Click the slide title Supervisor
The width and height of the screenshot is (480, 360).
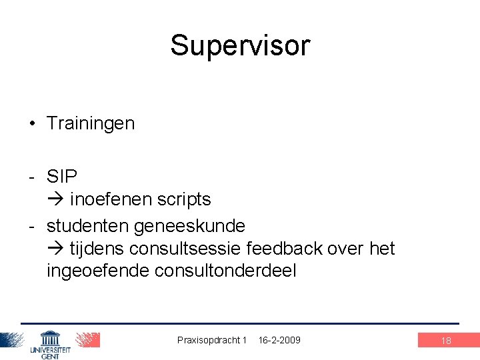[240, 45]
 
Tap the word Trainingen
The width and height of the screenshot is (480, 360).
[91, 123]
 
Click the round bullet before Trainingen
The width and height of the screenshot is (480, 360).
[31, 123]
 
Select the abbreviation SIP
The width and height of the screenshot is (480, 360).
[62, 177]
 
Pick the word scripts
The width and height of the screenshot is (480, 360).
[184, 199]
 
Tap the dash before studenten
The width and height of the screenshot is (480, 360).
[31, 226]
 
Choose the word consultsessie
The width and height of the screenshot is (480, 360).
[185, 249]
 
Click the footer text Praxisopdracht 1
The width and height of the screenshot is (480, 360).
[212, 340]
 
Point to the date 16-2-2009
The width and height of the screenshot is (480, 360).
[279, 340]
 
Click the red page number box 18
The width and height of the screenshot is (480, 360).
[446, 341]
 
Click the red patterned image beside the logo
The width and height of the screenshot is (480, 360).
[87, 340]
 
